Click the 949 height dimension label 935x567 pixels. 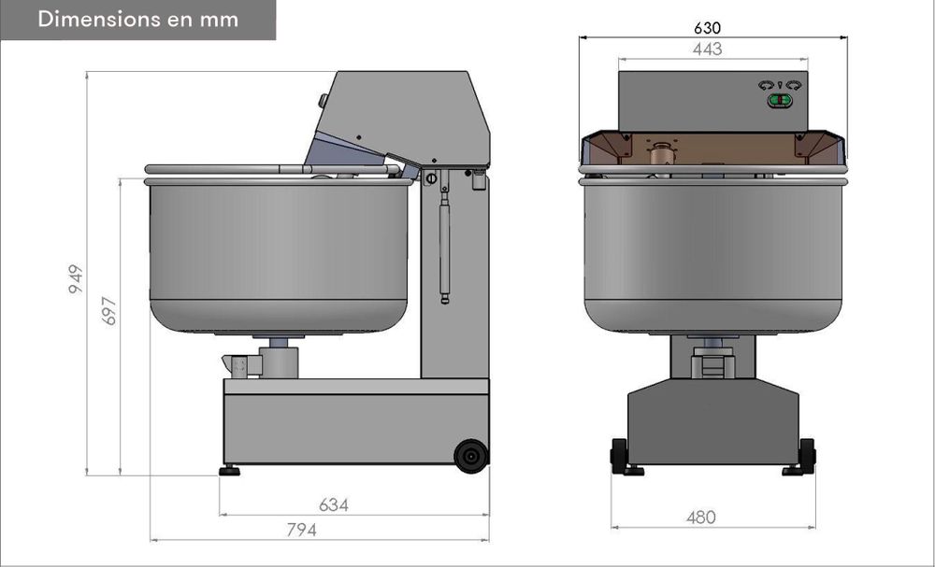point(76,278)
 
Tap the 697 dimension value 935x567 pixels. point(109,310)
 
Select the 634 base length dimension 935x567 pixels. point(334,505)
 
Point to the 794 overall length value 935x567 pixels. point(302,530)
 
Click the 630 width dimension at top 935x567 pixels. point(707,28)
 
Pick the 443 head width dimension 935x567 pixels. point(708,50)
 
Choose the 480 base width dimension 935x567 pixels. point(700,517)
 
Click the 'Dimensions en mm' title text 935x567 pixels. point(138,19)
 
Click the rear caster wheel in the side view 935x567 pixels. point(471,456)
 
